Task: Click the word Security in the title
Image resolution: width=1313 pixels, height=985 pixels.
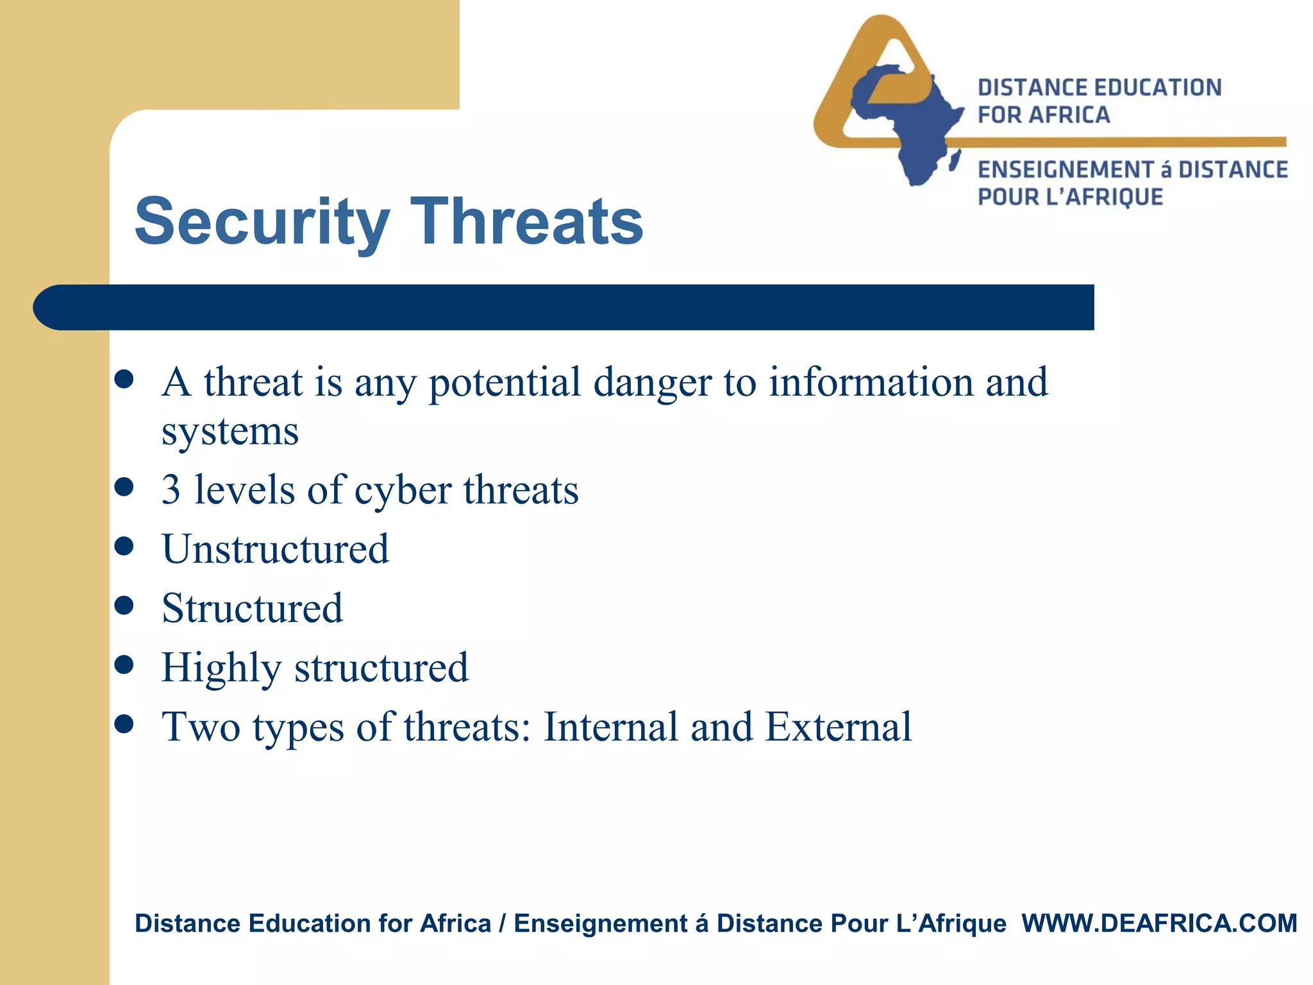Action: tap(262, 223)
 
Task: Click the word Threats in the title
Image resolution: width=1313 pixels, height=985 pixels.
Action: tap(526, 221)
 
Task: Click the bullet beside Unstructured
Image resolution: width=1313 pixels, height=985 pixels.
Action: tap(124, 546)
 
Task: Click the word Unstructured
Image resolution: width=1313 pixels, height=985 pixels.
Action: tap(275, 550)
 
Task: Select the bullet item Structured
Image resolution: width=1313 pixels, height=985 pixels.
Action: tap(252, 609)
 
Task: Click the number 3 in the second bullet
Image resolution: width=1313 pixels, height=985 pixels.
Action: tap(171, 491)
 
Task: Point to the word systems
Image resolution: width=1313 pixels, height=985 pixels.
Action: tap(230, 432)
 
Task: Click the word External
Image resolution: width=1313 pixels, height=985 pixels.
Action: tap(838, 727)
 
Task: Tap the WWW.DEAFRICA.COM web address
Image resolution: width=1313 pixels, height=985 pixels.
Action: tap(1159, 923)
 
